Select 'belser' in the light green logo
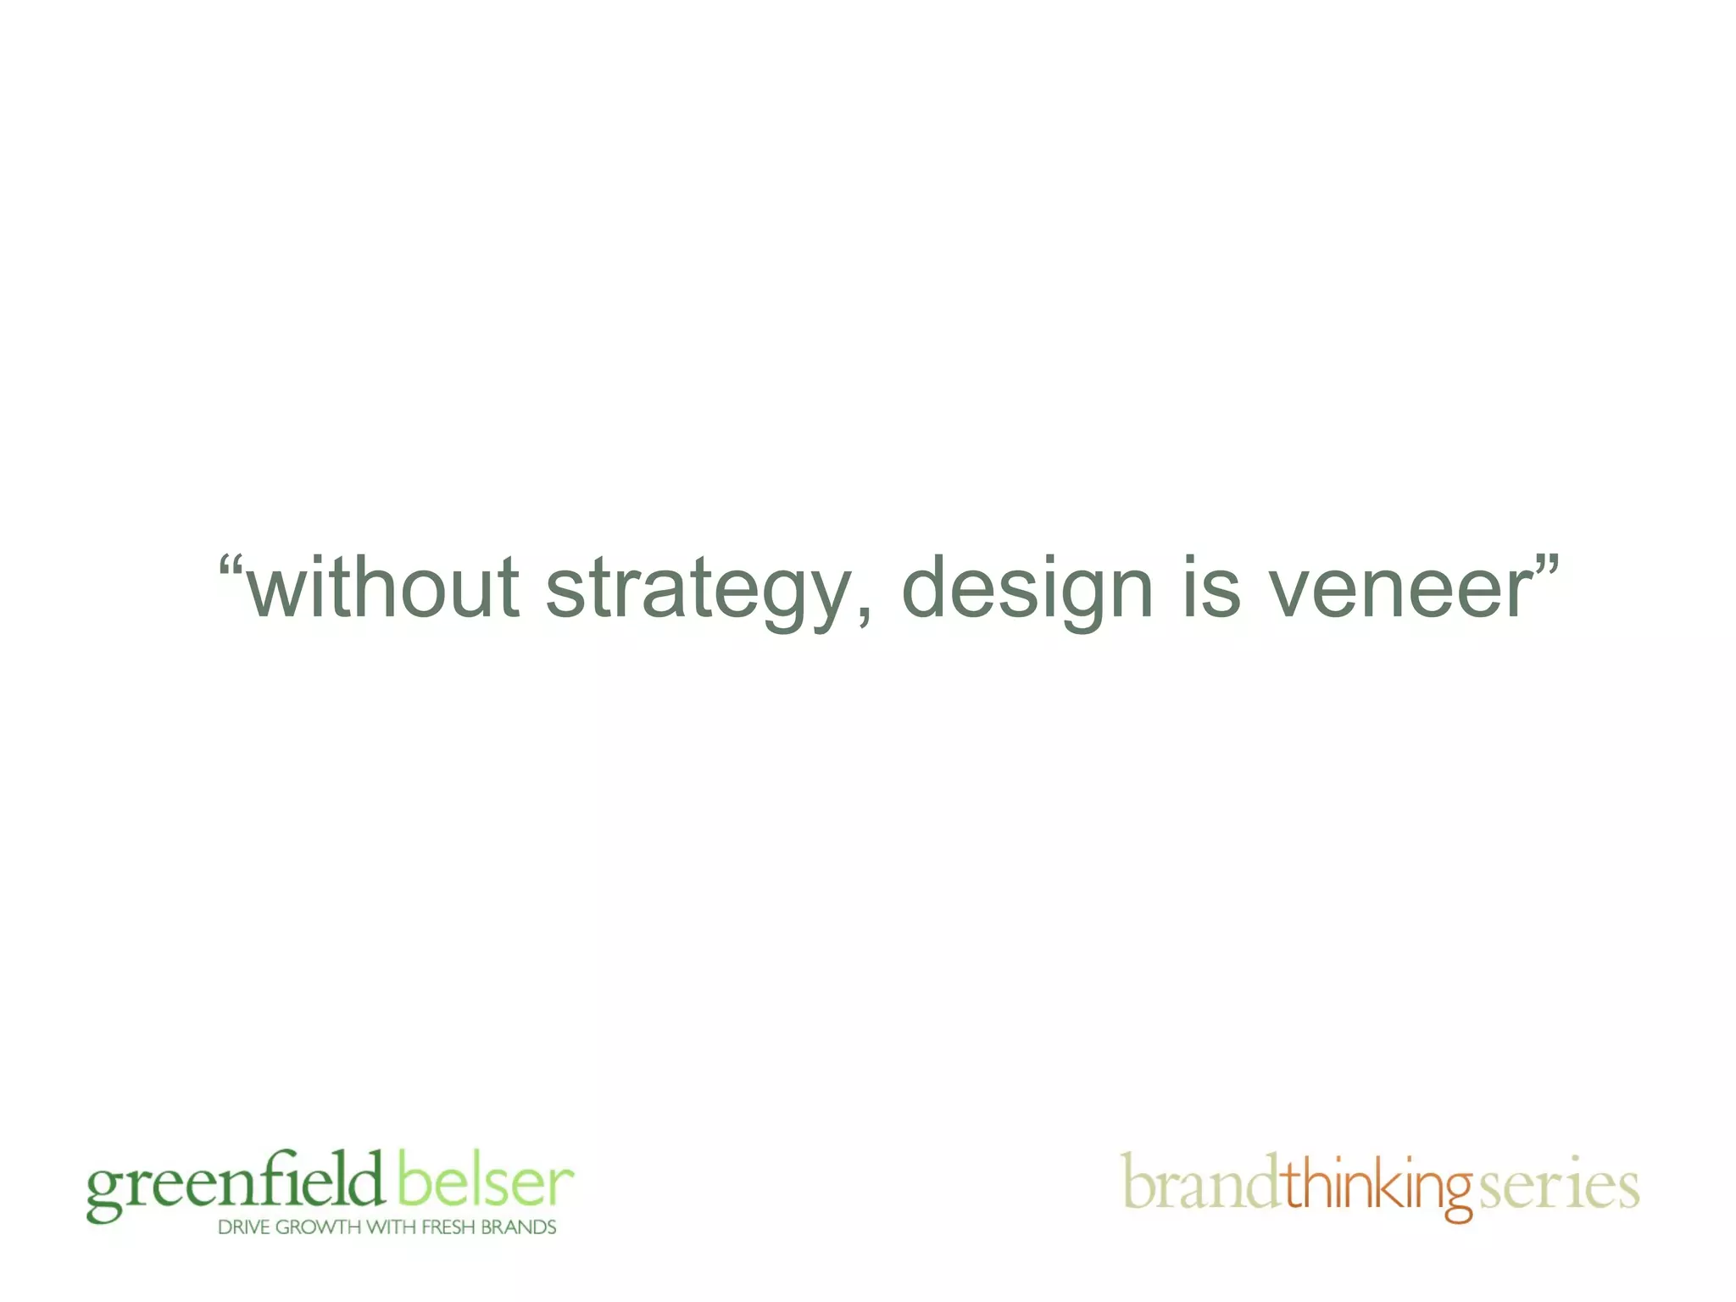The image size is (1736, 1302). (485, 1180)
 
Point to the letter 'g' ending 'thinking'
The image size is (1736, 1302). (1457, 1193)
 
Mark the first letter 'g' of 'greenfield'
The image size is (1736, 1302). (104, 1193)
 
